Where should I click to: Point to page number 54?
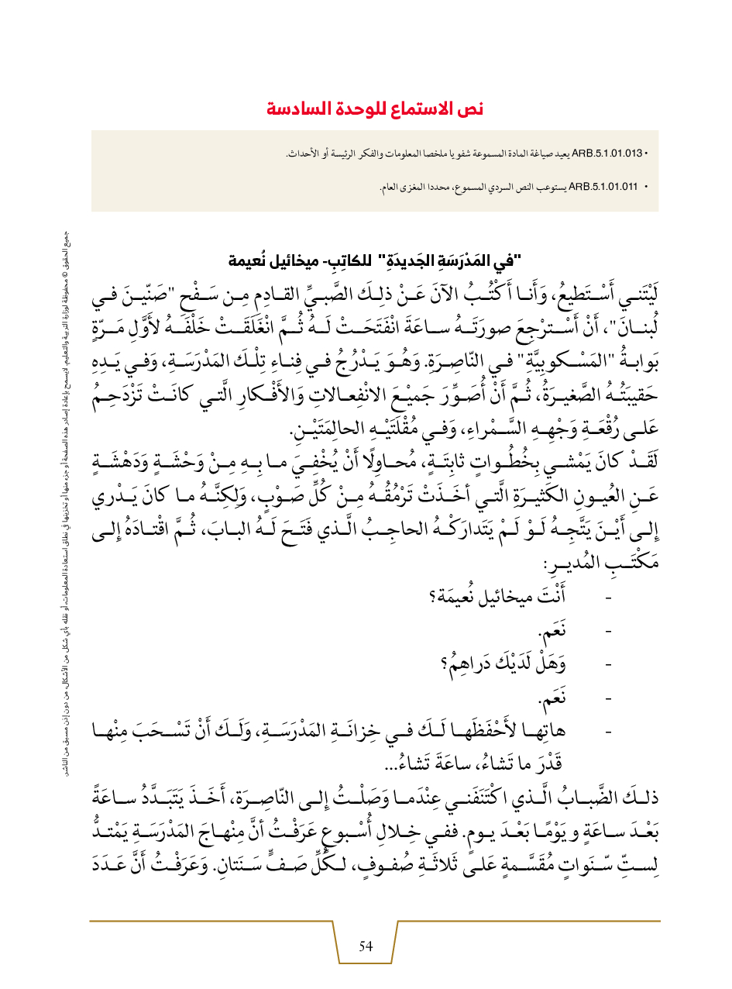[x=366, y=946]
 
